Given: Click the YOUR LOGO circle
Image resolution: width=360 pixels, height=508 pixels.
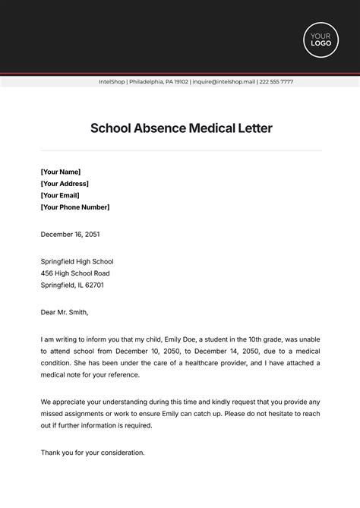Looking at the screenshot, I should pyautogui.click(x=321, y=39).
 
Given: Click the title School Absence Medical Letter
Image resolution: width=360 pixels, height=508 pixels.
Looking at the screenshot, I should pyautogui.click(x=181, y=128).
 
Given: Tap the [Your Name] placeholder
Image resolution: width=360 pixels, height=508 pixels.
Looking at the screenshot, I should pyautogui.click(x=61, y=172).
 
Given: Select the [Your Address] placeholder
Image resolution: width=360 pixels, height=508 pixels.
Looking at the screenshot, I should pyautogui.click(x=65, y=184).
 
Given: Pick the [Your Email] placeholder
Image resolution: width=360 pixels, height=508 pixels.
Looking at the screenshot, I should pyautogui.click(x=61, y=195).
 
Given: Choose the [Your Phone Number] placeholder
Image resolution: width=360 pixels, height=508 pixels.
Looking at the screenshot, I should pyautogui.click(x=75, y=207).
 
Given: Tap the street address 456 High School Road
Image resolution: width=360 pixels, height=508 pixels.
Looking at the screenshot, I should pyautogui.click(x=75, y=273).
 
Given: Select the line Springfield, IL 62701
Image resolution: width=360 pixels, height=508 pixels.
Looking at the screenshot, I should pyautogui.click(x=72, y=286).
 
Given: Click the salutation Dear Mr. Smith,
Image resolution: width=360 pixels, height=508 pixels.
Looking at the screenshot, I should pyautogui.click(x=65, y=311).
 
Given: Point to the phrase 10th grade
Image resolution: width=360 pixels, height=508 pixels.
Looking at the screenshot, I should pyautogui.click(x=262, y=339).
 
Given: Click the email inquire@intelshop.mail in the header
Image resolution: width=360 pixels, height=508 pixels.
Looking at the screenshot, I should pyautogui.click(x=223, y=82).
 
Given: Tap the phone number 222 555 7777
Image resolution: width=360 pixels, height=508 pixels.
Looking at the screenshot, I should pyautogui.click(x=276, y=82).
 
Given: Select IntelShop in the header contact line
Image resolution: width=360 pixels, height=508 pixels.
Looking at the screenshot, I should pyautogui.click(x=113, y=82).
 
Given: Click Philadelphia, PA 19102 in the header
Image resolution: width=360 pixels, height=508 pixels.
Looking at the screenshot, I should pyautogui.click(x=159, y=82).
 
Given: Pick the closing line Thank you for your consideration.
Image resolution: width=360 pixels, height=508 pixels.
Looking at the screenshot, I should pyautogui.click(x=93, y=453).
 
